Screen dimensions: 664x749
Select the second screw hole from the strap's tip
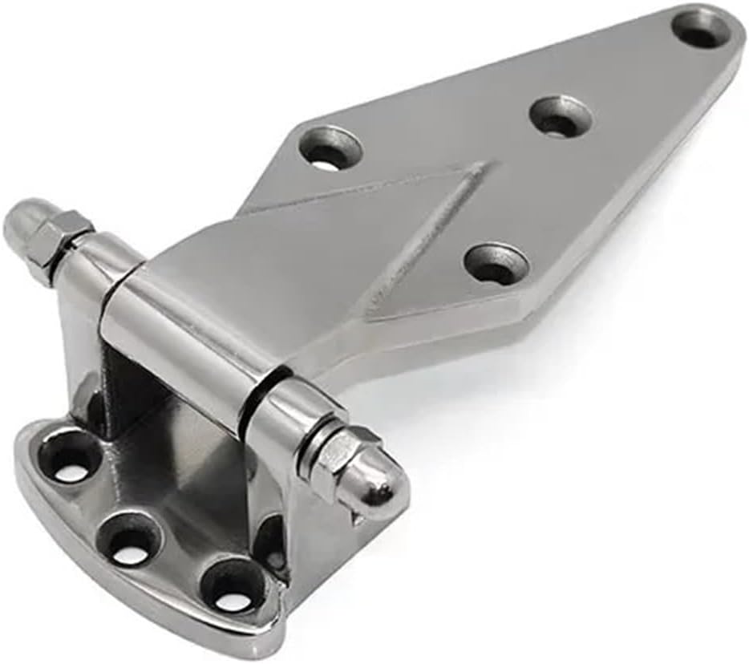pos(561,117)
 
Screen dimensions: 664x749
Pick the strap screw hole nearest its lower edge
pos(496,264)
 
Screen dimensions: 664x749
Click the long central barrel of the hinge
pos(184,337)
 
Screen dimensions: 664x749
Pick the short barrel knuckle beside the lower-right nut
pos(285,417)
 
